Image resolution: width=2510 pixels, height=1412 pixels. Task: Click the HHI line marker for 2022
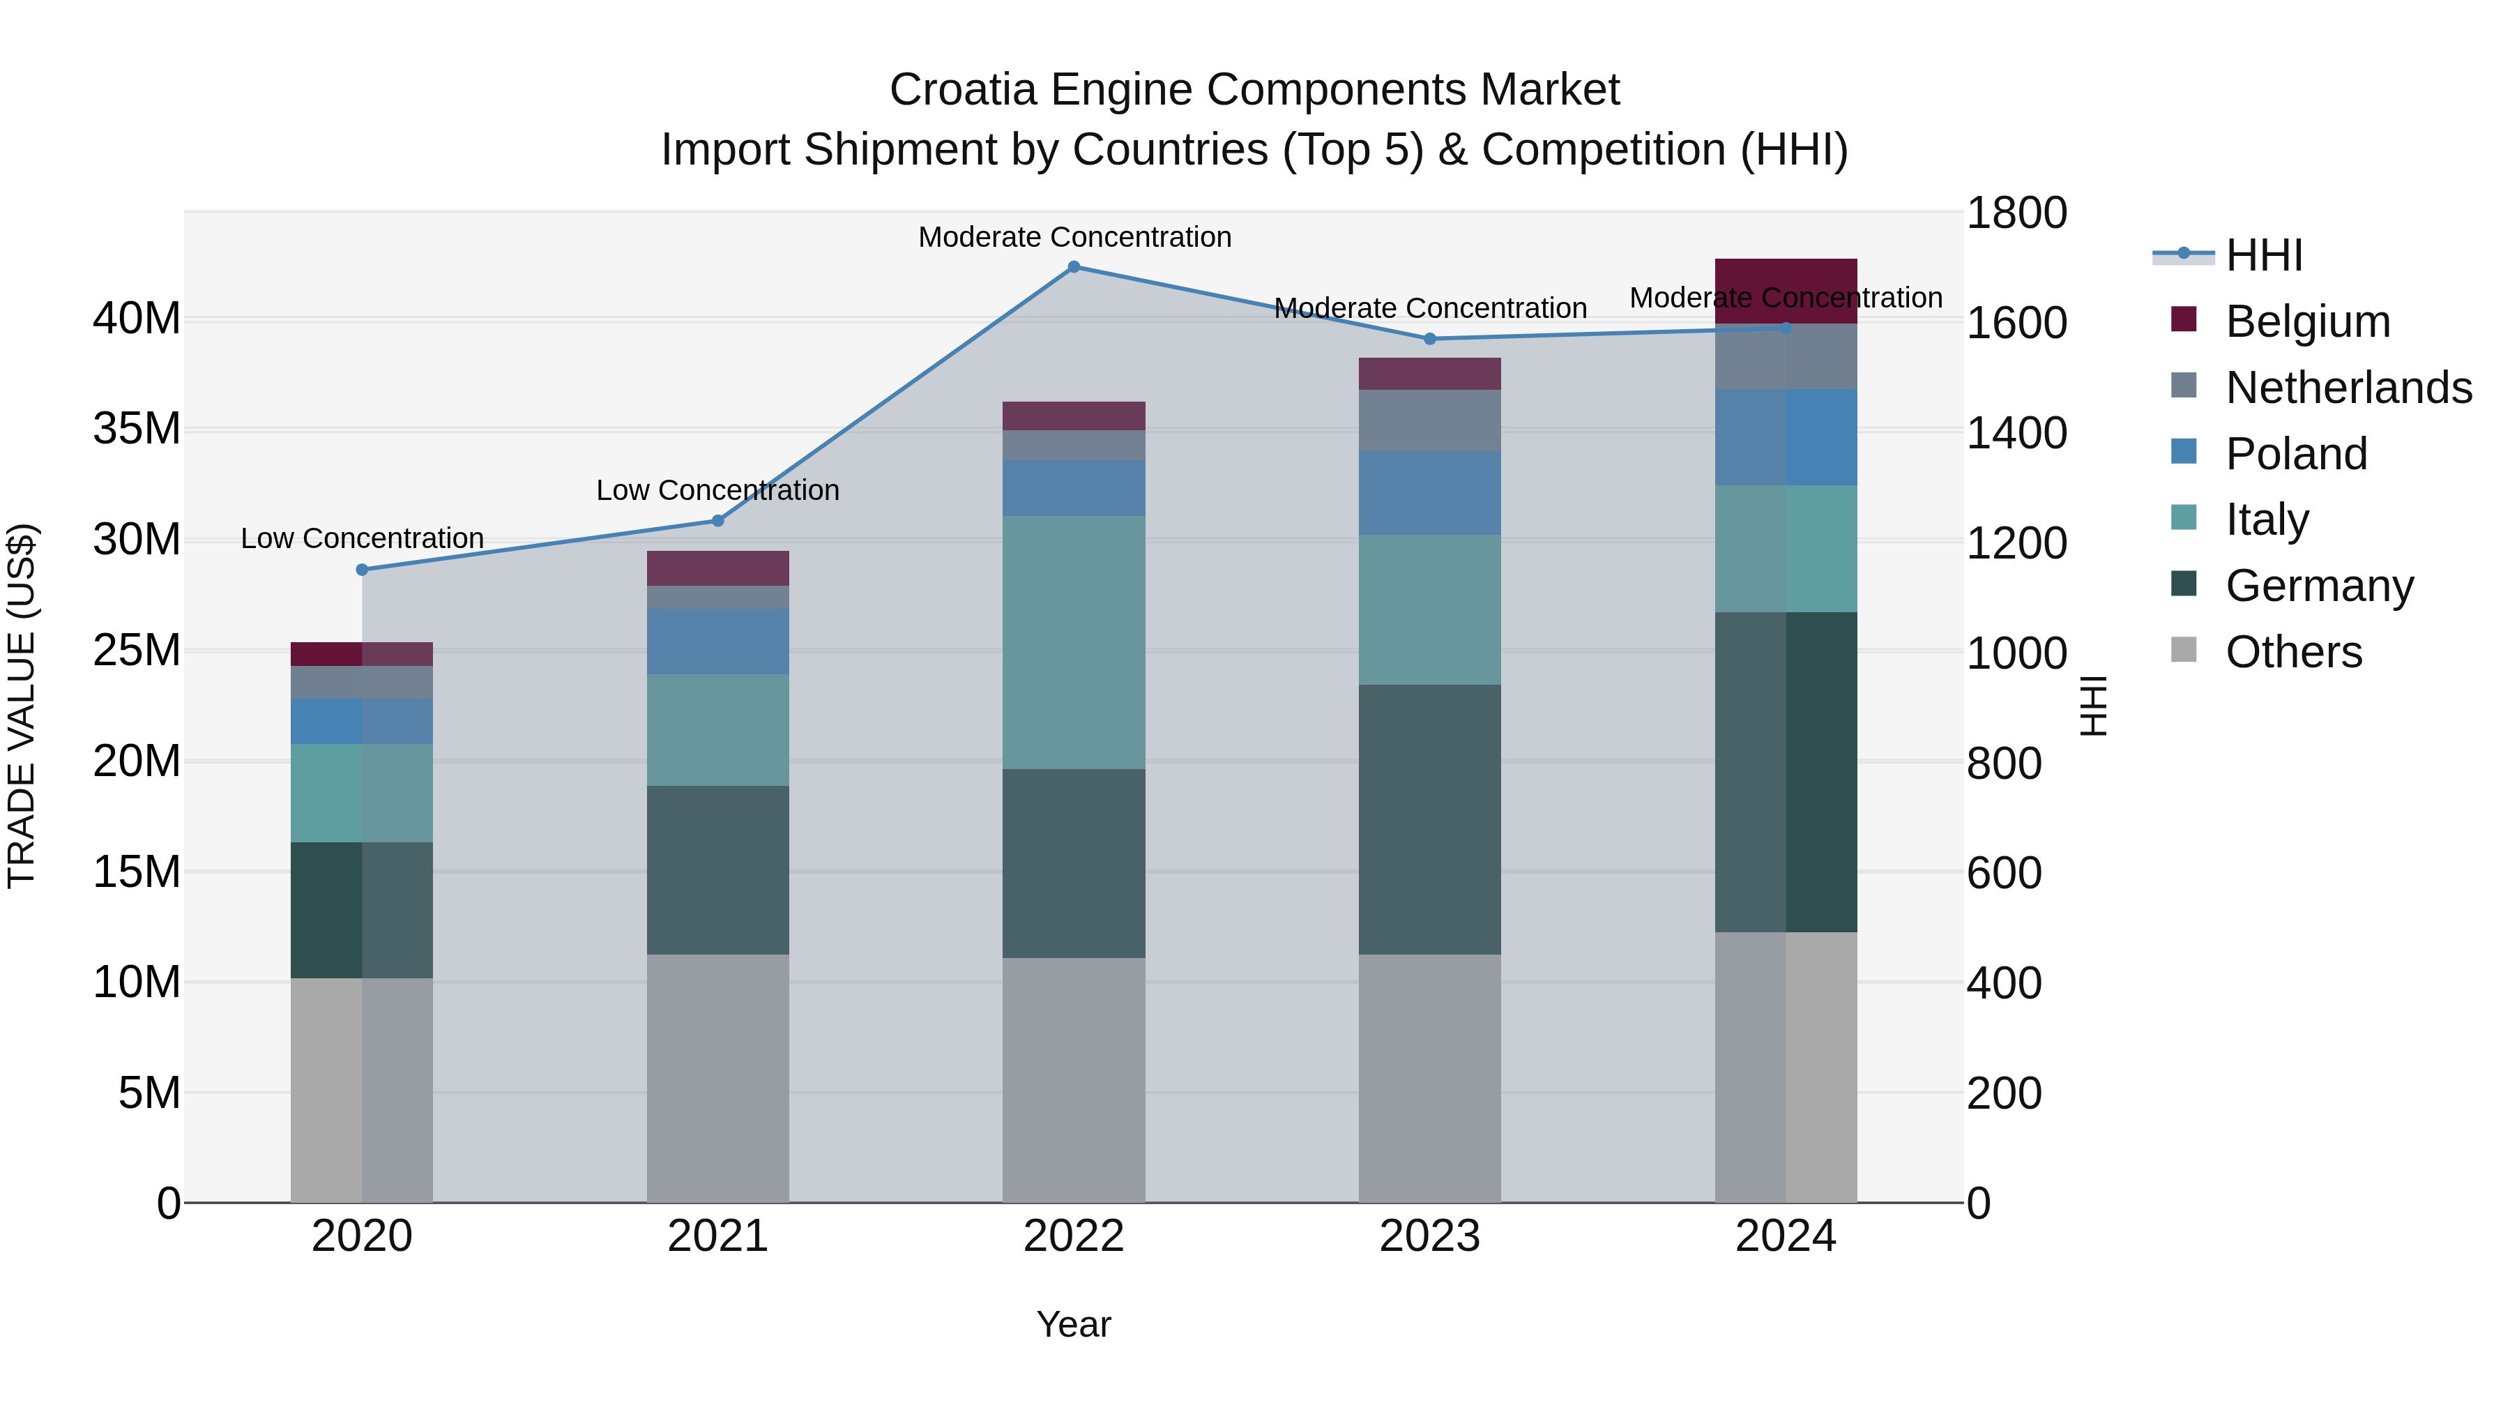pyautogui.click(x=1074, y=267)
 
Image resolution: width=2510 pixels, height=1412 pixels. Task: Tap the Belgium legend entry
pyautogui.click(x=2307, y=321)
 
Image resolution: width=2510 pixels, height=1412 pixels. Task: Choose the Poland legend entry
pyautogui.click(x=2296, y=454)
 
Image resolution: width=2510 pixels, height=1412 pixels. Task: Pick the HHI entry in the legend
pyautogui.click(x=2262, y=255)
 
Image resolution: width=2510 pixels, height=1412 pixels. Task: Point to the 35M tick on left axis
pyautogui.click(x=137, y=429)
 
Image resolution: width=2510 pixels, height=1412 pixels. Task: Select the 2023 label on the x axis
pyautogui.click(x=1429, y=1236)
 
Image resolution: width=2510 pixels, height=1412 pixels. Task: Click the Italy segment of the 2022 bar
pyautogui.click(x=1074, y=643)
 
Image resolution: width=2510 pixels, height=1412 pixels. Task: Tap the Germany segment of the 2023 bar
pyautogui.click(x=1429, y=819)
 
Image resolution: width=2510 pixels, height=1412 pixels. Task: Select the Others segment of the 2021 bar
pyautogui.click(x=718, y=1077)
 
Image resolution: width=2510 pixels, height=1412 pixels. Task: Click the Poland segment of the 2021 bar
pyautogui.click(x=718, y=642)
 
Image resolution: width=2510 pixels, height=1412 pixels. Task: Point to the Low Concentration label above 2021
pyautogui.click(x=718, y=490)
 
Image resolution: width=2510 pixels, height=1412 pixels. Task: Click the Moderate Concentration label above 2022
pyautogui.click(x=1074, y=237)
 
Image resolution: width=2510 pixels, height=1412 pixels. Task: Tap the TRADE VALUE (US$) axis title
pyautogui.click(x=22, y=706)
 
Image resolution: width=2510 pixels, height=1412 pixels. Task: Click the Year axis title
pyautogui.click(x=1074, y=1324)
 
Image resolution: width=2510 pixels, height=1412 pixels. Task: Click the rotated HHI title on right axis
pyautogui.click(x=2093, y=706)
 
